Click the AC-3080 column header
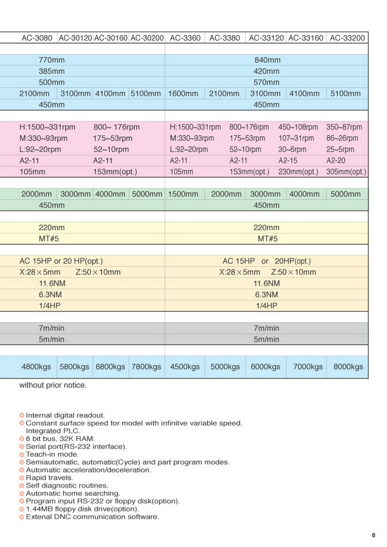point(37,38)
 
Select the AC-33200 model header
point(347,38)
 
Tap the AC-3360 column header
point(185,38)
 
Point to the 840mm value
point(267,60)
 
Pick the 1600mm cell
point(184,94)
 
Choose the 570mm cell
point(267,82)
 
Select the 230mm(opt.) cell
point(298,172)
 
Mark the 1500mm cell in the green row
point(184,194)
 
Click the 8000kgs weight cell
point(348,367)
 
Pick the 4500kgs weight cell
point(184,367)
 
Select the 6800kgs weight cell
point(111,367)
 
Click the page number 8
point(374,535)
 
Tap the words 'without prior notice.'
point(53,385)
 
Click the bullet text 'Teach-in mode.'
point(52,454)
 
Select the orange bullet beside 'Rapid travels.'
point(22,478)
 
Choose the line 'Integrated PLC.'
point(53,431)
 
